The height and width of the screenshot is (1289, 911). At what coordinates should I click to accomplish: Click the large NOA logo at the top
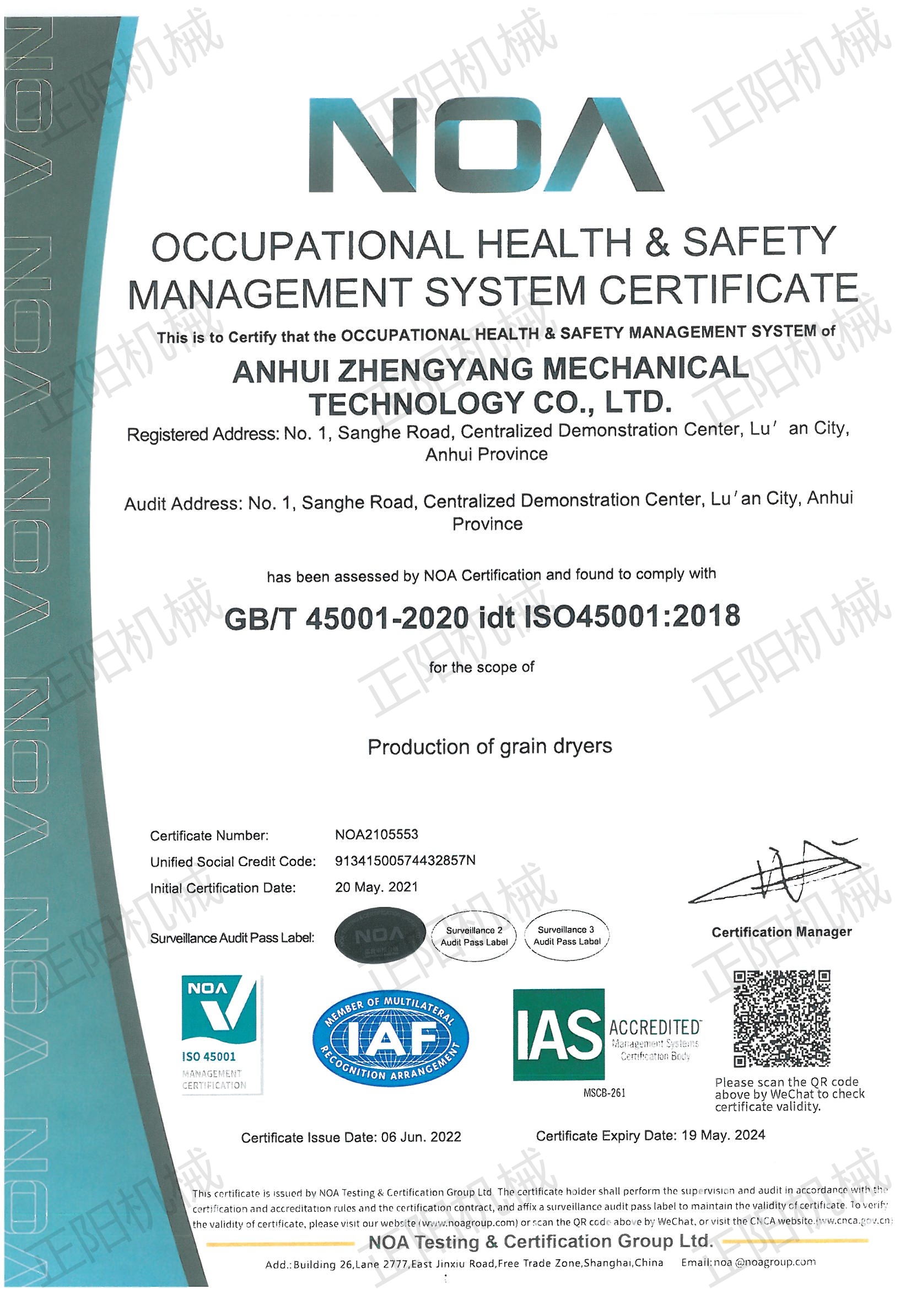(x=486, y=145)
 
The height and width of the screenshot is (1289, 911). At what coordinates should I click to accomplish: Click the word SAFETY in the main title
(x=759, y=243)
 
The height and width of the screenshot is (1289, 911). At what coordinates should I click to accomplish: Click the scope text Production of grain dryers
(x=489, y=746)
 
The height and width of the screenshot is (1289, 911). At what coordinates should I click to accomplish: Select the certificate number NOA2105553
(x=376, y=834)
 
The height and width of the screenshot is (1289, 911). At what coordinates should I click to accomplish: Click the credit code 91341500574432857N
(x=405, y=861)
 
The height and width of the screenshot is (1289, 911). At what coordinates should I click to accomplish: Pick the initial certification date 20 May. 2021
(x=376, y=887)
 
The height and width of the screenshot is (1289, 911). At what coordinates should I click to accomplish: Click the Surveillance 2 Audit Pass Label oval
(x=474, y=936)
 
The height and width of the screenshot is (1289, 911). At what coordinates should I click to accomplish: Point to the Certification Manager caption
(x=781, y=932)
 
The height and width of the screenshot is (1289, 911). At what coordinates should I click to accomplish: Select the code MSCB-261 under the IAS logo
(x=604, y=1093)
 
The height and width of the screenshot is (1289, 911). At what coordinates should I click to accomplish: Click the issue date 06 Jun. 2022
(x=421, y=1137)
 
